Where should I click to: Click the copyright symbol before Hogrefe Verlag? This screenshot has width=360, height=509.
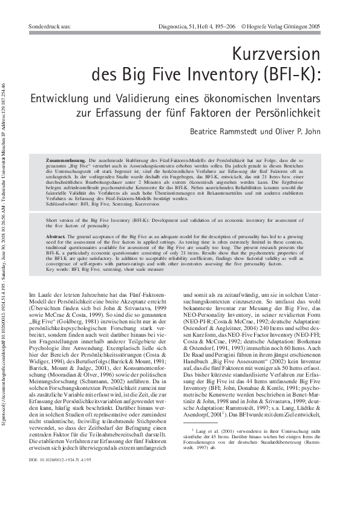pos(244,27)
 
